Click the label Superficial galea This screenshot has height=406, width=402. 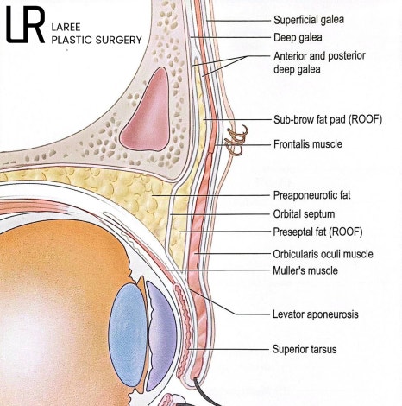tap(309, 20)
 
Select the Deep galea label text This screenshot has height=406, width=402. tap(298, 37)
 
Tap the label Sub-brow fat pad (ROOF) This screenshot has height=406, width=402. tap(328, 119)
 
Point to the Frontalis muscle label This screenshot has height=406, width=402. tap(308, 143)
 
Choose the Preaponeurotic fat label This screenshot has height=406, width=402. tap(311, 195)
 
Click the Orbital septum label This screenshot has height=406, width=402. tap(304, 214)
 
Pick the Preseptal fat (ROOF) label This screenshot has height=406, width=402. tap(317, 232)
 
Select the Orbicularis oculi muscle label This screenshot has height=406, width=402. tap(323, 254)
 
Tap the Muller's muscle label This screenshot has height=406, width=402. tap(305, 270)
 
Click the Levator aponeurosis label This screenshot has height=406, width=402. tap(316, 314)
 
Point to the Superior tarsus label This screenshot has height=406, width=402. tap(305, 349)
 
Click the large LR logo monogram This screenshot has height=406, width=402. tap(25, 25)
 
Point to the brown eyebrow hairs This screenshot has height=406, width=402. tap(236, 140)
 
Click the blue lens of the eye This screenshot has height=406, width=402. tap(128, 334)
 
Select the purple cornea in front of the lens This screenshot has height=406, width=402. tap(161, 335)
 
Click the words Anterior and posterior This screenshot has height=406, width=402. tap(319, 56)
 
